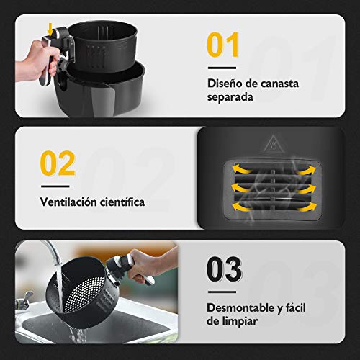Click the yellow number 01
pos(222,45)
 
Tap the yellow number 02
pos(58,163)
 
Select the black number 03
pos(225,269)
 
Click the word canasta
pos(279,84)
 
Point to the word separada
pos(230,98)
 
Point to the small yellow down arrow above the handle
pos(50,30)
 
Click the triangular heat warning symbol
pos(274,143)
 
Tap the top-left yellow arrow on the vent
pos(241,168)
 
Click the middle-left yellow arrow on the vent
pos(241,188)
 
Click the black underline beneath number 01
pos(222,68)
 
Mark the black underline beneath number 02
pos(55,186)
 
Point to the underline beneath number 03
pos(222,292)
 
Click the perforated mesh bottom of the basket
pos(84,294)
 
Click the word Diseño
pos(225,84)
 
